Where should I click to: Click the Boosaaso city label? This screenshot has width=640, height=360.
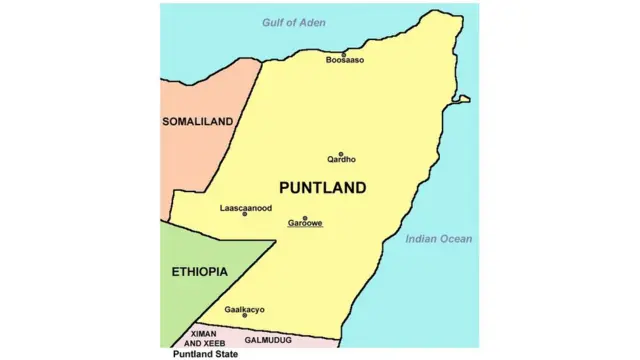coord(345,61)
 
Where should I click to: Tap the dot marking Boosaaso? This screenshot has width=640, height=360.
coord(344,54)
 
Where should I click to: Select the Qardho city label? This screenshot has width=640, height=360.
coord(341,159)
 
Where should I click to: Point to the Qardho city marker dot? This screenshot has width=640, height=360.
coord(341,153)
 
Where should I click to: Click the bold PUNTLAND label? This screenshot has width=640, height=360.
coord(322,187)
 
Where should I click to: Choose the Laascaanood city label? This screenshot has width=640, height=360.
coord(246,208)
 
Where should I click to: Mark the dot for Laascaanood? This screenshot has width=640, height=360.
coord(245,214)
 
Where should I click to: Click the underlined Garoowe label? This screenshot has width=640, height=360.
coord(305,223)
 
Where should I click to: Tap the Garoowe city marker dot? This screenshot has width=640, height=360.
coord(305,217)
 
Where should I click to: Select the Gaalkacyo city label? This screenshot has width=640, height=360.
coord(244,309)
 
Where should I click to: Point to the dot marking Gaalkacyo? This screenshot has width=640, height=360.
coord(244,315)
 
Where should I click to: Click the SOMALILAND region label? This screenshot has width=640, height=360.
coord(198,122)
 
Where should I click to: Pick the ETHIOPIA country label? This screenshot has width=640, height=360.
coord(199,272)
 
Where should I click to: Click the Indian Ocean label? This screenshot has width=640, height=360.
coord(439,239)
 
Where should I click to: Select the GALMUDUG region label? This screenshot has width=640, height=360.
coord(268,340)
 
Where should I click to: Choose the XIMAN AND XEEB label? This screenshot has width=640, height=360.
coord(203,338)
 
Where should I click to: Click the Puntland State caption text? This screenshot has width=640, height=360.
coord(205,353)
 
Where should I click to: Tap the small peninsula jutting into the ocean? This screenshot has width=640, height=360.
coord(462,99)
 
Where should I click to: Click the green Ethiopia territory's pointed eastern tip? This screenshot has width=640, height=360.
coord(274,241)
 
